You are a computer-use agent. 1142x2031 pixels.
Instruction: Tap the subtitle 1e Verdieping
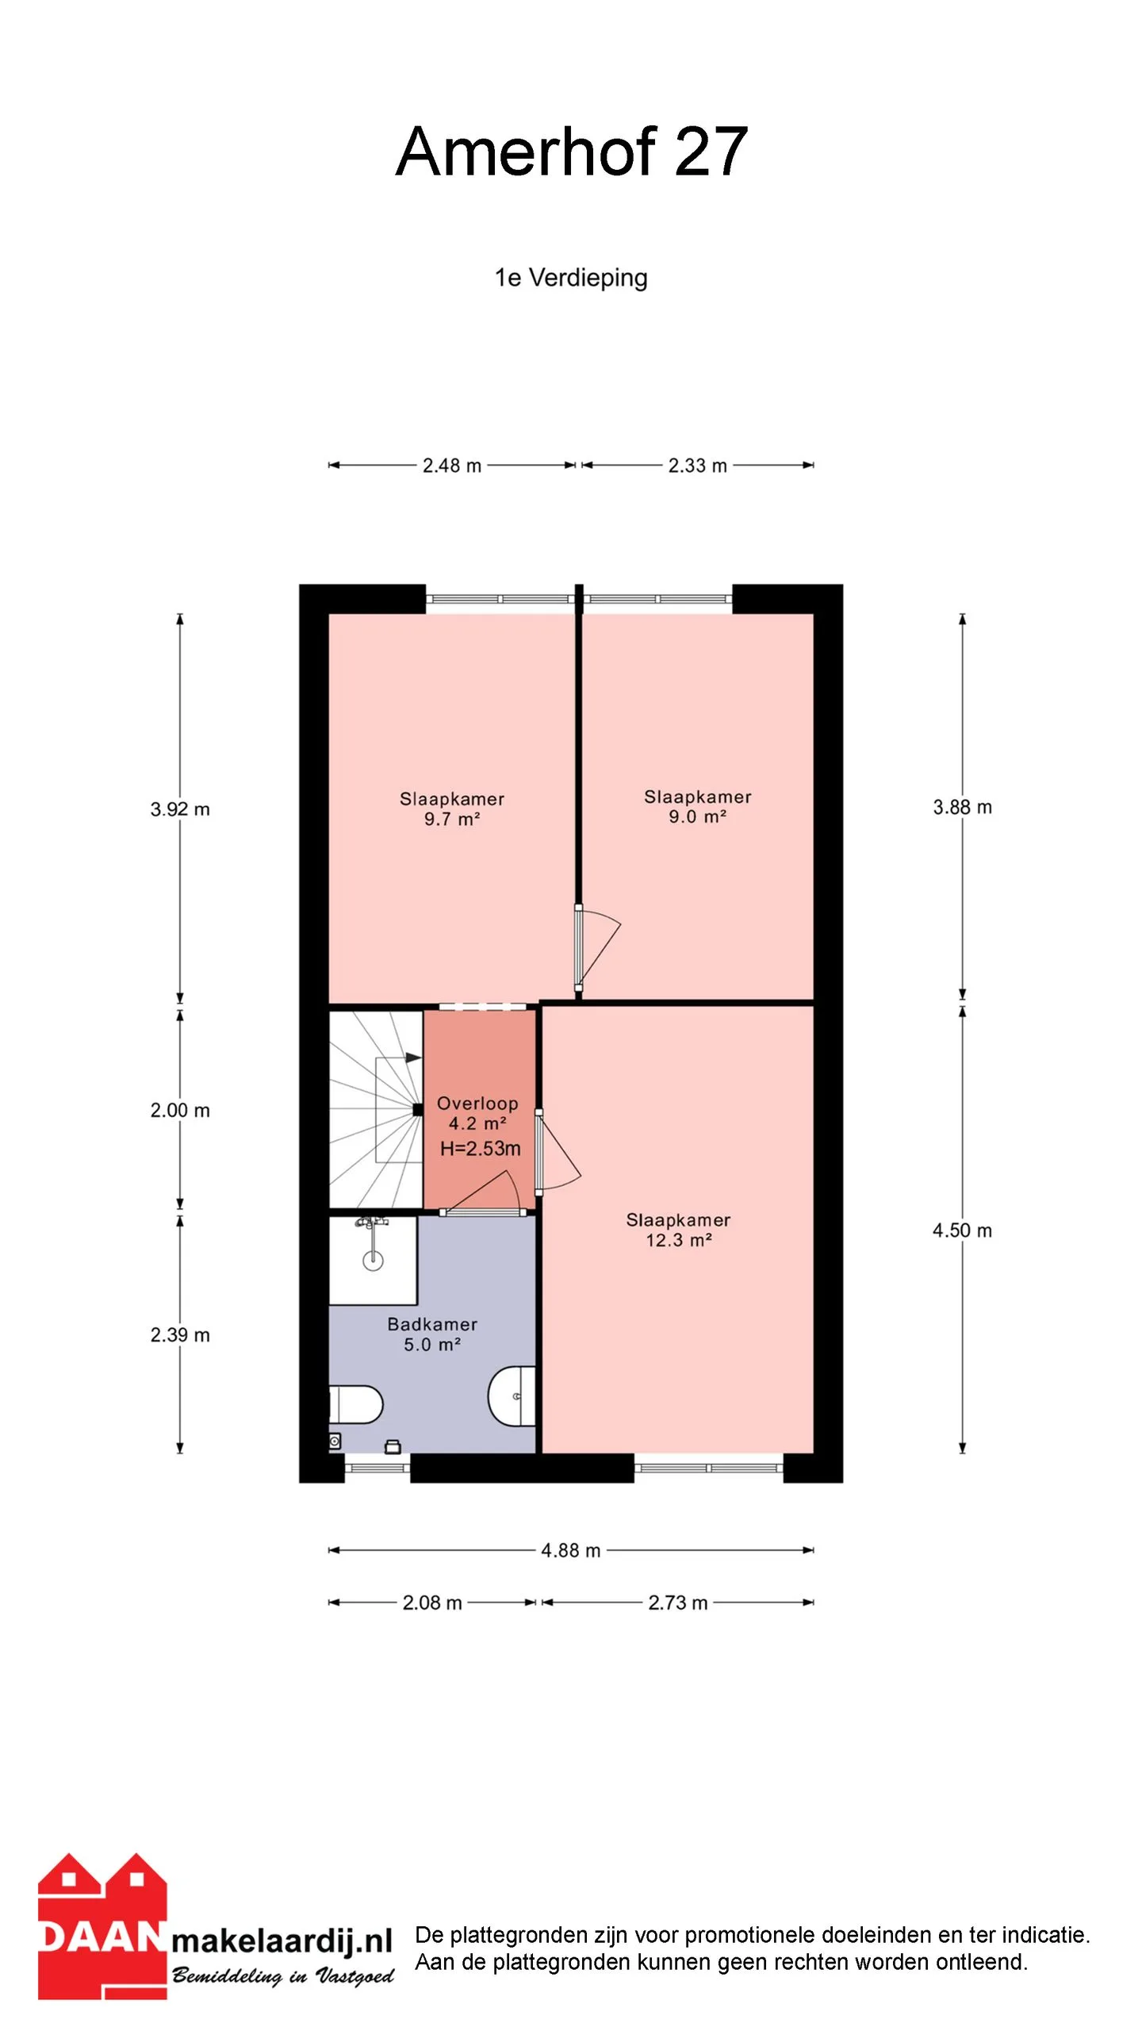pyautogui.click(x=571, y=278)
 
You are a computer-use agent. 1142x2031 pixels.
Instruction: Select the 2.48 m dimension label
pyautogui.click(x=452, y=466)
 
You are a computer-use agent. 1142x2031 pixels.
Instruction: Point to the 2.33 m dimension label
pyautogui.click(x=698, y=466)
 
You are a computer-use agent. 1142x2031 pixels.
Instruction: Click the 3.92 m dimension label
pyautogui.click(x=180, y=809)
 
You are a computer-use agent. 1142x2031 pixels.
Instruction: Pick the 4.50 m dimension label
pyautogui.click(x=962, y=1231)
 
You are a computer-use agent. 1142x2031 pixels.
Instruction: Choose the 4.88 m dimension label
pyautogui.click(x=571, y=1550)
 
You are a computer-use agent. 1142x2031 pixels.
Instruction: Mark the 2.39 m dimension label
pyautogui.click(x=180, y=1335)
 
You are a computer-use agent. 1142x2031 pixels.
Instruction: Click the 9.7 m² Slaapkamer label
pyautogui.click(x=452, y=809)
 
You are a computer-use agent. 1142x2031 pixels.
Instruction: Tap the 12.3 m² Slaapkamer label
pyautogui.click(x=678, y=1231)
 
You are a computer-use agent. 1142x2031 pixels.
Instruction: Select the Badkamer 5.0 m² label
pyautogui.click(x=432, y=1334)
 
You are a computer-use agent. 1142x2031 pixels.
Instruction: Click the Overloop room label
pyautogui.click(x=477, y=1104)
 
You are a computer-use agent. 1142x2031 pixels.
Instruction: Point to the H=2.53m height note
pyautogui.click(x=481, y=1148)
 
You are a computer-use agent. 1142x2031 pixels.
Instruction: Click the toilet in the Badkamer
pyautogui.click(x=356, y=1405)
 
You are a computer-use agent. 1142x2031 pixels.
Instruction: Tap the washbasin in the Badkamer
pyautogui.click(x=512, y=1396)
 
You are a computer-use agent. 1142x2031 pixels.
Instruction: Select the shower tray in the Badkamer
pyautogui.click(x=374, y=1261)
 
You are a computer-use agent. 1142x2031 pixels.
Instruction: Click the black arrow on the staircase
pyautogui.click(x=412, y=1058)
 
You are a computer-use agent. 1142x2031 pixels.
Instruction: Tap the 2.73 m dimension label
pyautogui.click(x=678, y=1603)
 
